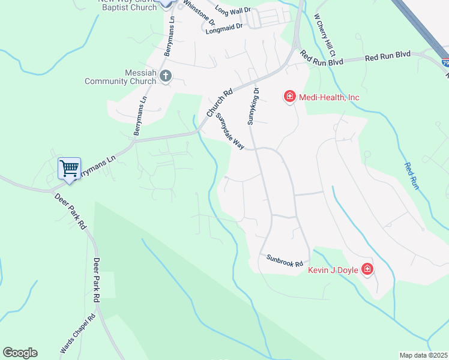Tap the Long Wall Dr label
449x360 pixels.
point(232,10)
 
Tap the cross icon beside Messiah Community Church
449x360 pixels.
point(166,76)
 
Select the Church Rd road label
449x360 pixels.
point(218,104)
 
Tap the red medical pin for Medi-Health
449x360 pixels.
point(290,96)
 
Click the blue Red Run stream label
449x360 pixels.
point(411,177)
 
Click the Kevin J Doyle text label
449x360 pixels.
point(333,270)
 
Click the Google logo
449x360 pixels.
point(20,353)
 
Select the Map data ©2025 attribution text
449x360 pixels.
point(423,355)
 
